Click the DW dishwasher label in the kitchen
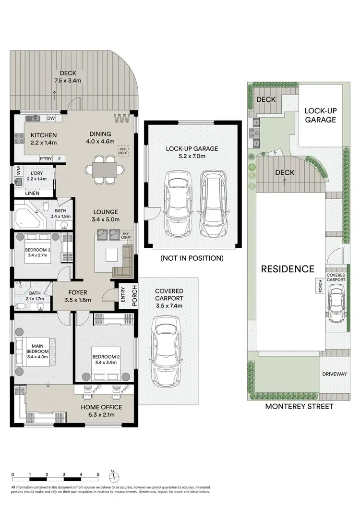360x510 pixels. pyautogui.click(x=51, y=119)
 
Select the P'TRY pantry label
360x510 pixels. pyautogui.click(x=46, y=159)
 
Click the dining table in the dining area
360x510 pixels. pyautogui.click(x=101, y=170)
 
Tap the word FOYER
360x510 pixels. pyautogui.click(x=77, y=291)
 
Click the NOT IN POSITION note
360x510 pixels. pyautogui.click(x=192, y=258)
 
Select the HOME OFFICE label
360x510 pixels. pyautogui.click(x=101, y=408)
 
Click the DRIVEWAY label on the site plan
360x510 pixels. pyautogui.click(x=335, y=374)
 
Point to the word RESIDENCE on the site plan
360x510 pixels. pyautogui.click(x=288, y=269)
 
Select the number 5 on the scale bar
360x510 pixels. pyautogui.click(x=98, y=474)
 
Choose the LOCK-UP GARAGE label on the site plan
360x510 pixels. pyautogui.click(x=321, y=115)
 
